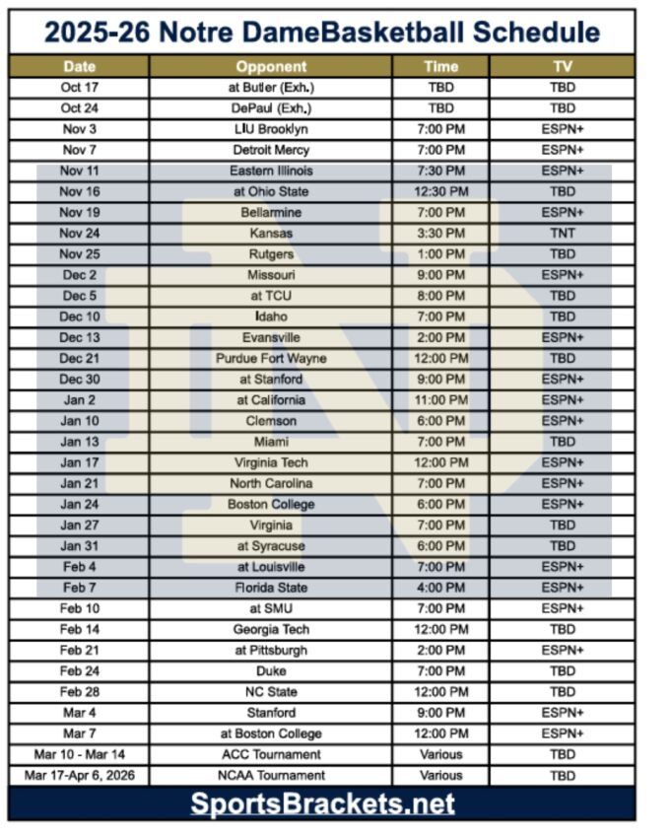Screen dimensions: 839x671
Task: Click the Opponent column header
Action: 271,67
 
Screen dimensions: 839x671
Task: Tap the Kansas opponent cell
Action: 271,234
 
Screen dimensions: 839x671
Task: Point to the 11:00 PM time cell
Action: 440,400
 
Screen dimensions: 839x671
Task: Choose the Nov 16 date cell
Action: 79,191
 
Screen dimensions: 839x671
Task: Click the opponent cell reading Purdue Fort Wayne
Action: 271,359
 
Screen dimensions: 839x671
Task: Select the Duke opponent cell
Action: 271,671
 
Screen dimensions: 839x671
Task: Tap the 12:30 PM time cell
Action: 440,191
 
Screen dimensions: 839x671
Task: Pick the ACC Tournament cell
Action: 271,754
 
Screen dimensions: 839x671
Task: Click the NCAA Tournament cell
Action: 271,776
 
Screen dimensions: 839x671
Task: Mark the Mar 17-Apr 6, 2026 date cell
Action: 79,776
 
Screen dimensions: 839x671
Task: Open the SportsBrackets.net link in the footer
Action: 322,804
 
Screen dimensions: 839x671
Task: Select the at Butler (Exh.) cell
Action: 271,88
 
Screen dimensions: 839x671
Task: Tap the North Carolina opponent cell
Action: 271,483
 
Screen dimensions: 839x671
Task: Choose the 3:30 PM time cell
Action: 440,234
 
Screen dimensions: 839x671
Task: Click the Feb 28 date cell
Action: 79,692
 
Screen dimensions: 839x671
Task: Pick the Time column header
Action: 440,67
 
